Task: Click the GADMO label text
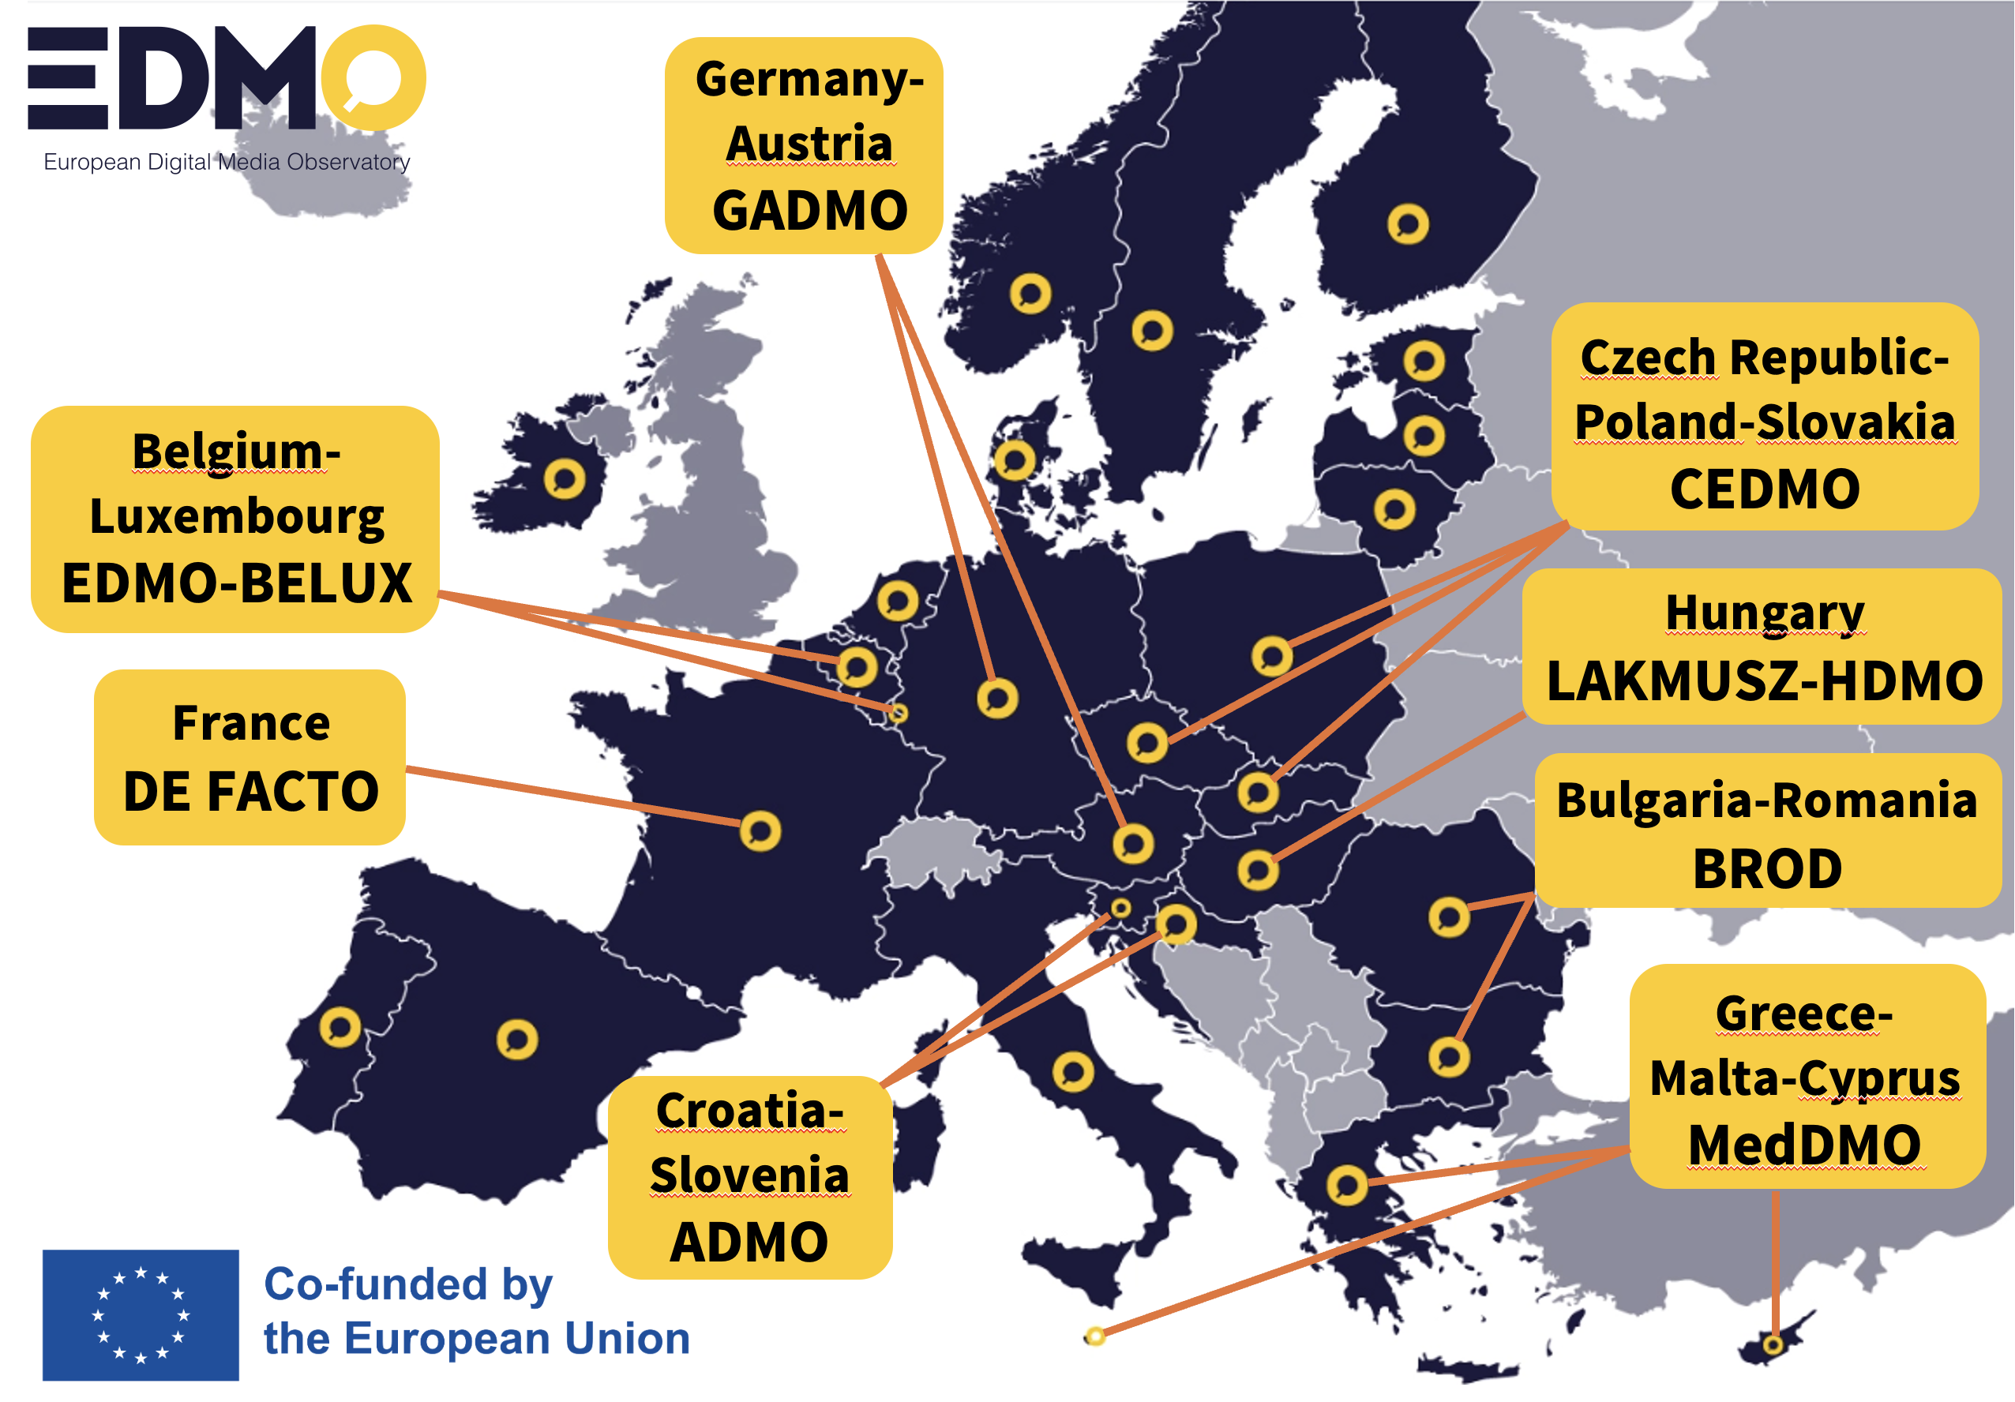point(809,211)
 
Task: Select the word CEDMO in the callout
point(1764,489)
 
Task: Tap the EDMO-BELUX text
point(236,583)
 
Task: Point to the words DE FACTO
point(250,791)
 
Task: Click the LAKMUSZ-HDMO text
point(1764,680)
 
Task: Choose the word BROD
point(1766,868)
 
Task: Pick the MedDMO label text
point(1804,1145)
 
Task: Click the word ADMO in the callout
point(749,1243)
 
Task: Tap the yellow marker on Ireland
point(565,479)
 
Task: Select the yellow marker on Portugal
point(340,1026)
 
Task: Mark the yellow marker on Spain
point(517,1040)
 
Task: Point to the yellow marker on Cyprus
point(1773,1344)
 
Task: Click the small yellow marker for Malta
point(1094,1336)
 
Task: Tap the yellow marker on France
point(760,830)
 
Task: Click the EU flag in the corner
point(141,1314)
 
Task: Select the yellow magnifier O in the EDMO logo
point(373,78)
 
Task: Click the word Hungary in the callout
point(1764,613)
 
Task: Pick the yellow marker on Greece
point(1346,1185)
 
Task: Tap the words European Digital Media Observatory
point(227,163)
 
